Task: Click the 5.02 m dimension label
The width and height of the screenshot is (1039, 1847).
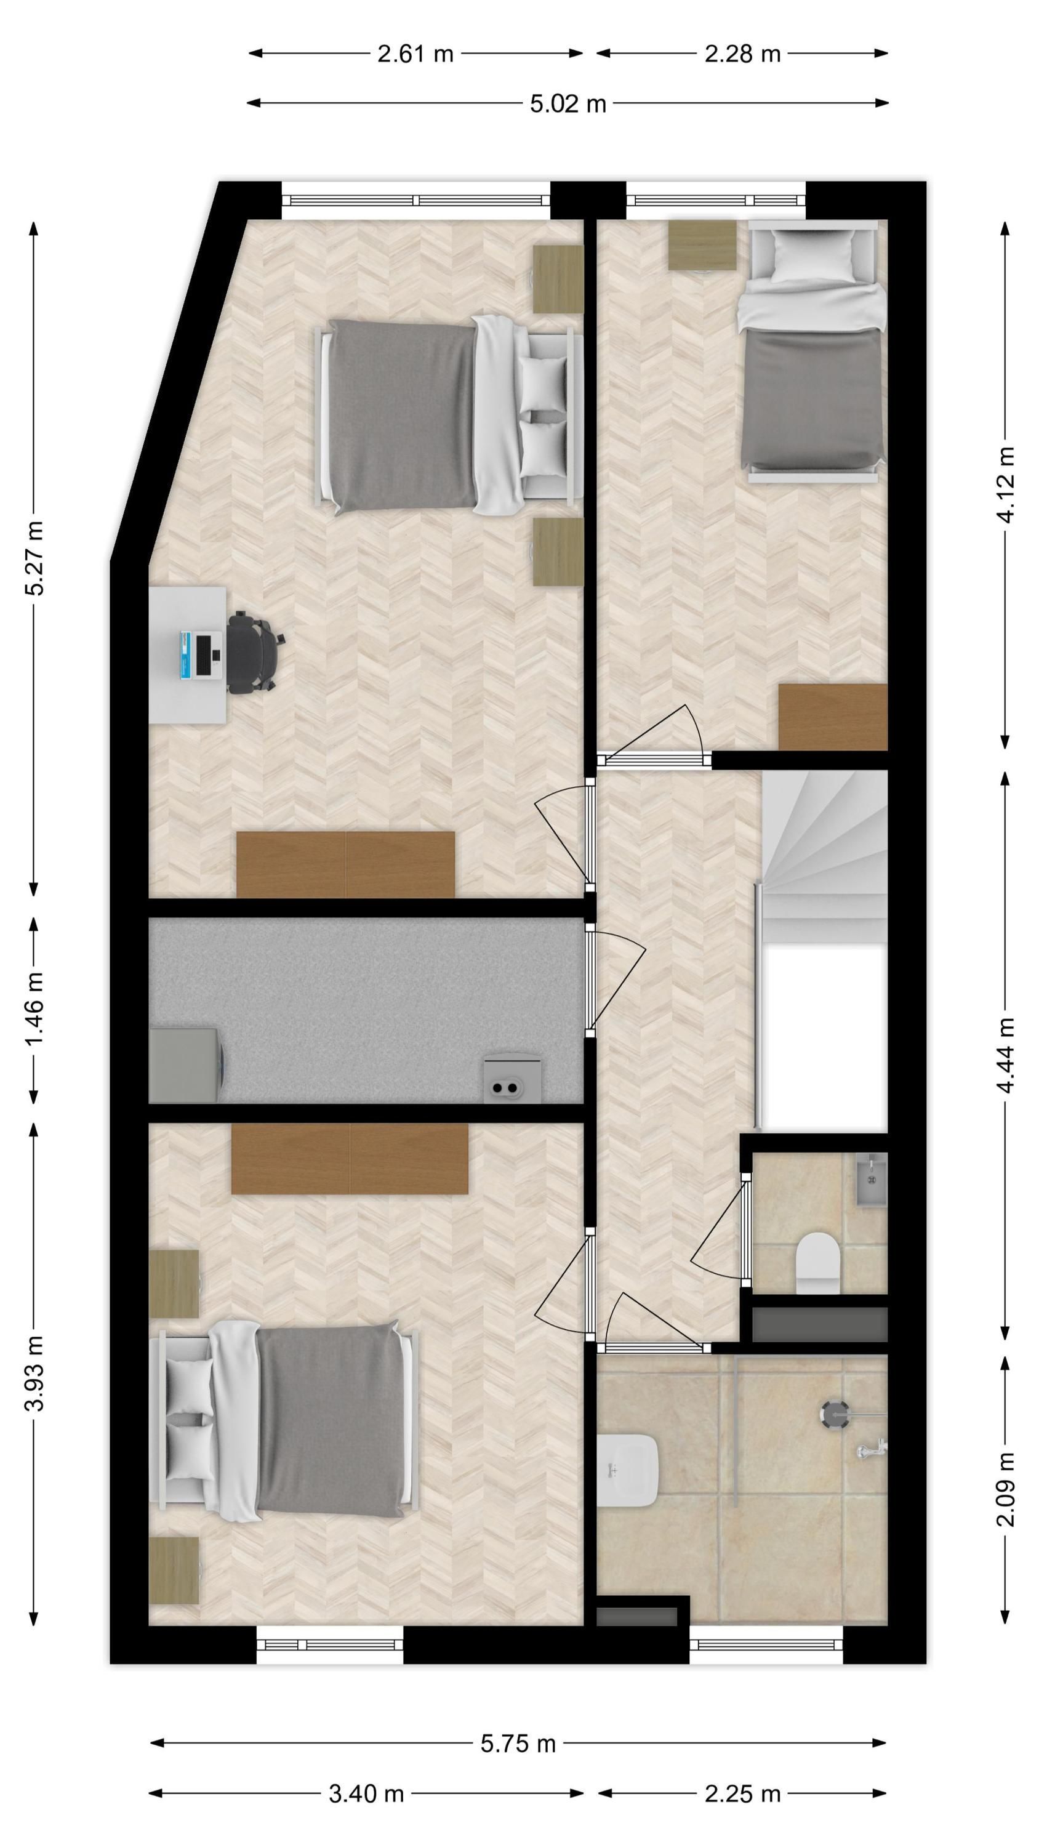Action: point(568,104)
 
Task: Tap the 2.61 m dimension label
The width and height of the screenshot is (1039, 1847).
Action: point(416,54)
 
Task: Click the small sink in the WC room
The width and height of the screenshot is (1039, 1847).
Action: point(872,1180)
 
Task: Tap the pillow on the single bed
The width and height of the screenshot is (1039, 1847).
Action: point(813,257)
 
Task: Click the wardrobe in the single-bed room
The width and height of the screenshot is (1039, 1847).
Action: point(833,717)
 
